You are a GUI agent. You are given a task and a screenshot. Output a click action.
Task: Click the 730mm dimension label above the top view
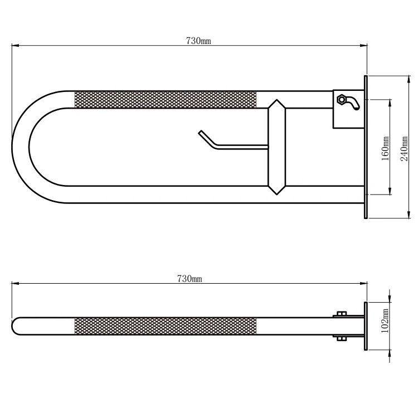193,41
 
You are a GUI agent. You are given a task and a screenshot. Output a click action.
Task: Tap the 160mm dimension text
385,148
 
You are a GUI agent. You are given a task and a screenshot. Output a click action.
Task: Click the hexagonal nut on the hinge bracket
340,99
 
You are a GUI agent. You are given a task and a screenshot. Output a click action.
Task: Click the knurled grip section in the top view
166,99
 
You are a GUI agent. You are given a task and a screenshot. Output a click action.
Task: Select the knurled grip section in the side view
166,327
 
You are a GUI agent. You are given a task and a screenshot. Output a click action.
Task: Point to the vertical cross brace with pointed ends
276,147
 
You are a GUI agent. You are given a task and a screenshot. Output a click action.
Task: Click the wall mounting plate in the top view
366,147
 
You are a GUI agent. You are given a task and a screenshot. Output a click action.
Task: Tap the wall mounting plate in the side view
366,327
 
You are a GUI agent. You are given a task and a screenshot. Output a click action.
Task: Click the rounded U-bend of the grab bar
22,147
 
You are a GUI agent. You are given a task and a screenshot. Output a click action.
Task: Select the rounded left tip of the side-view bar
16,327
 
